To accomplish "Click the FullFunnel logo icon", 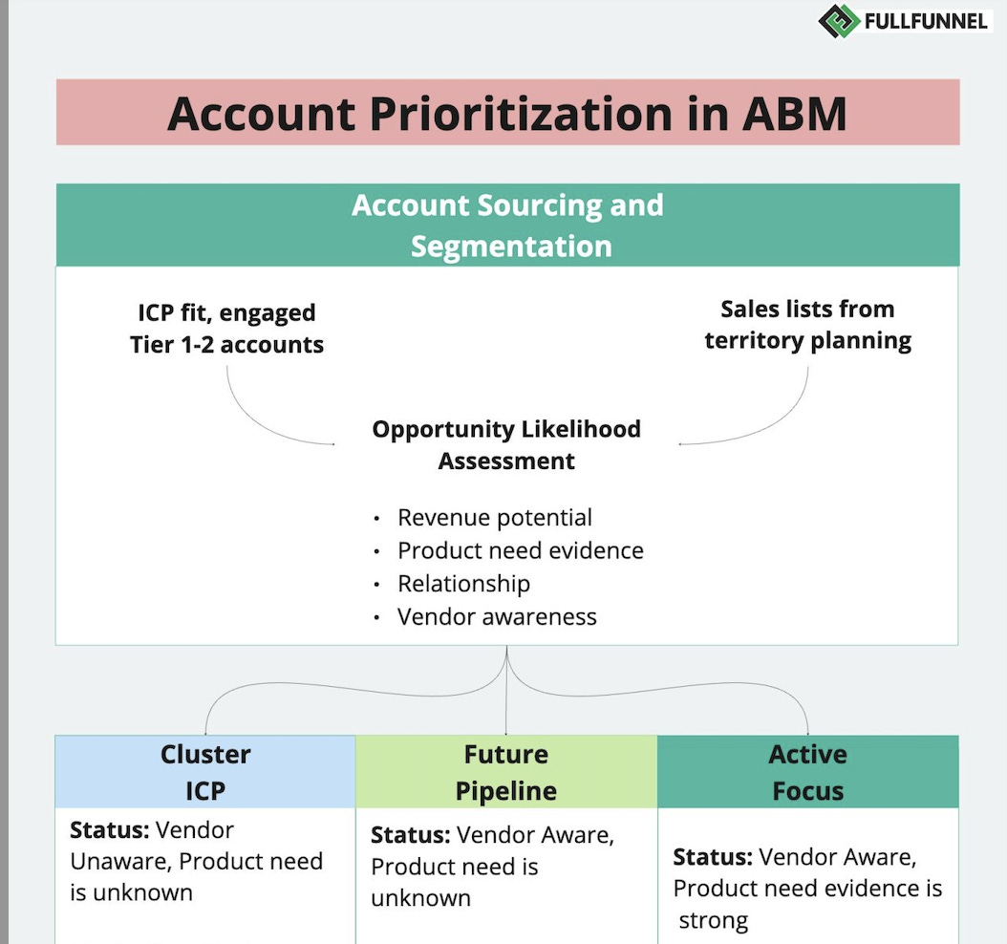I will [x=838, y=20].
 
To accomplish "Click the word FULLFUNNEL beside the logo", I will [x=925, y=20].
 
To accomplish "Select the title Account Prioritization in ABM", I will [x=507, y=113].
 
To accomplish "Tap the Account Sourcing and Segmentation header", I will [x=507, y=225].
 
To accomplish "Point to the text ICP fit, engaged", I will [x=226, y=312].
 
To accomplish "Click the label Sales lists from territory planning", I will [x=807, y=325].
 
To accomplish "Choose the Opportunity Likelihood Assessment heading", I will [x=506, y=444].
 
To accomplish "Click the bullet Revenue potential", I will [x=495, y=518].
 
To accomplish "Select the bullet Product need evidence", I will [x=520, y=550].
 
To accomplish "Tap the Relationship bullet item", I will [x=463, y=583].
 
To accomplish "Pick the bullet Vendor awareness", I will [x=497, y=616].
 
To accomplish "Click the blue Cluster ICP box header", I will [x=205, y=772].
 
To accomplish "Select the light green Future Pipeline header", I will [x=506, y=772].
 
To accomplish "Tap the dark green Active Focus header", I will [x=807, y=772].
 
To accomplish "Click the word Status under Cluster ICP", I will [x=109, y=829].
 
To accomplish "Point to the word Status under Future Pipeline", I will [x=410, y=835].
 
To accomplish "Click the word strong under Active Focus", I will [x=714, y=921].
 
